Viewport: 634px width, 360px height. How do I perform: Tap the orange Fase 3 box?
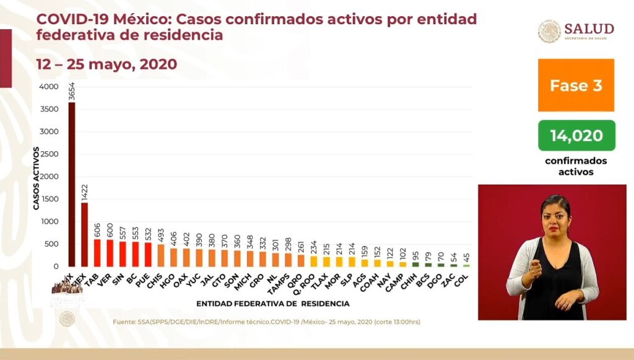coord(576,86)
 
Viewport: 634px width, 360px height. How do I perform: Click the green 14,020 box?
coord(576,135)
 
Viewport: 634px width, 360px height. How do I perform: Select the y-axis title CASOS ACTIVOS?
coord(36,178)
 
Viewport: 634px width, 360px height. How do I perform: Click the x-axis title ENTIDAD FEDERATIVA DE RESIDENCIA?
coord(272,304)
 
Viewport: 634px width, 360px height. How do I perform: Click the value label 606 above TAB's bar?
coord(97,229)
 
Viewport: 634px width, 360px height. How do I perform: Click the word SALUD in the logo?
coord(589,29)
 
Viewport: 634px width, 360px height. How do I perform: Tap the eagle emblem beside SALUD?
coord(549,32)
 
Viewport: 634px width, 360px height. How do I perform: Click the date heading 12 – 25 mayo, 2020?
coord(106,64)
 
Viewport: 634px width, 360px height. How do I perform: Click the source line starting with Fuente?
coord(267,322)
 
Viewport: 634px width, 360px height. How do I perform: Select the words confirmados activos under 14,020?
coord(576,166)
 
